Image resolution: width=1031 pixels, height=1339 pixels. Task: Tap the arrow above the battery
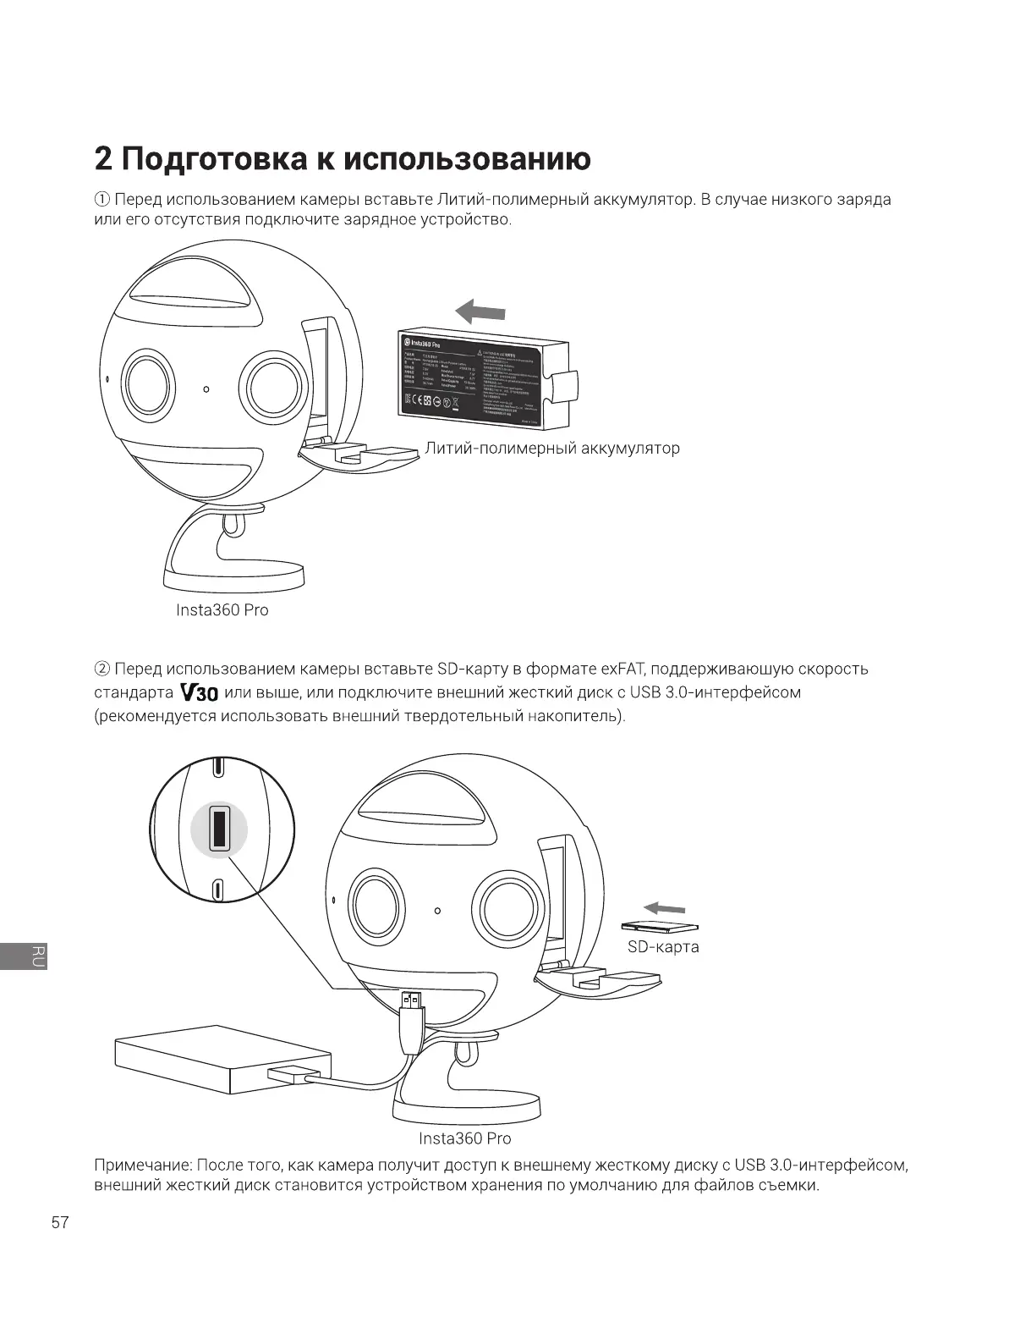pos(480,312)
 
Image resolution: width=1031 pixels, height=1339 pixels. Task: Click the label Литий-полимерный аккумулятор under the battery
pos(552,448)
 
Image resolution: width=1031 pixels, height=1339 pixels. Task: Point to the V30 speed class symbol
pos(200,693)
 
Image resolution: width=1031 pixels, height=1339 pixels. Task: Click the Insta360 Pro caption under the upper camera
pos(222,610)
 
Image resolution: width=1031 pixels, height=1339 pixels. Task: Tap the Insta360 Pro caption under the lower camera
pos(464,1138)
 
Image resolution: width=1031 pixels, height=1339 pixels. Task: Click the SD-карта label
pos(663,946)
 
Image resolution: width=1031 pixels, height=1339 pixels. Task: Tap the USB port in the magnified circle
pos(219,827)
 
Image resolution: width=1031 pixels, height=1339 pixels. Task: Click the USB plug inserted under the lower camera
pos(413,1001)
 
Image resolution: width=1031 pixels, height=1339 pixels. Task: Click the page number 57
pos(60,1223)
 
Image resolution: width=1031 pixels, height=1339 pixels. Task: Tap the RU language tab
pos(37,955)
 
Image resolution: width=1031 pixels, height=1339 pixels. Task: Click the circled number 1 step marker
pos(101,201)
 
